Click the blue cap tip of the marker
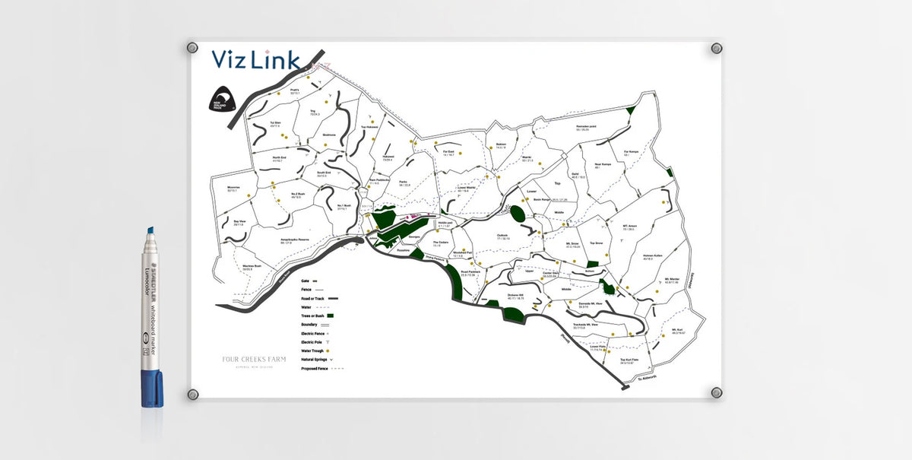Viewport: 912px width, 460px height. tap(150, 230)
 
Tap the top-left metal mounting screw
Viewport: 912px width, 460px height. tap(193, 48)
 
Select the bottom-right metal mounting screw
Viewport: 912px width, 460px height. tap(716, 392)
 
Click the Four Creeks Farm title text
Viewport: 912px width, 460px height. tap(254, 360)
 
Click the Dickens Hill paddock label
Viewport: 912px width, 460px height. tap(516, 296)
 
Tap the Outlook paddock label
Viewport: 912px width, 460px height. tap(502, 236)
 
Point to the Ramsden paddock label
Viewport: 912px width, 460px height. tap(587, 128)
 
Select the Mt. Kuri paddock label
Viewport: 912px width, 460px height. tap(678, 331)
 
